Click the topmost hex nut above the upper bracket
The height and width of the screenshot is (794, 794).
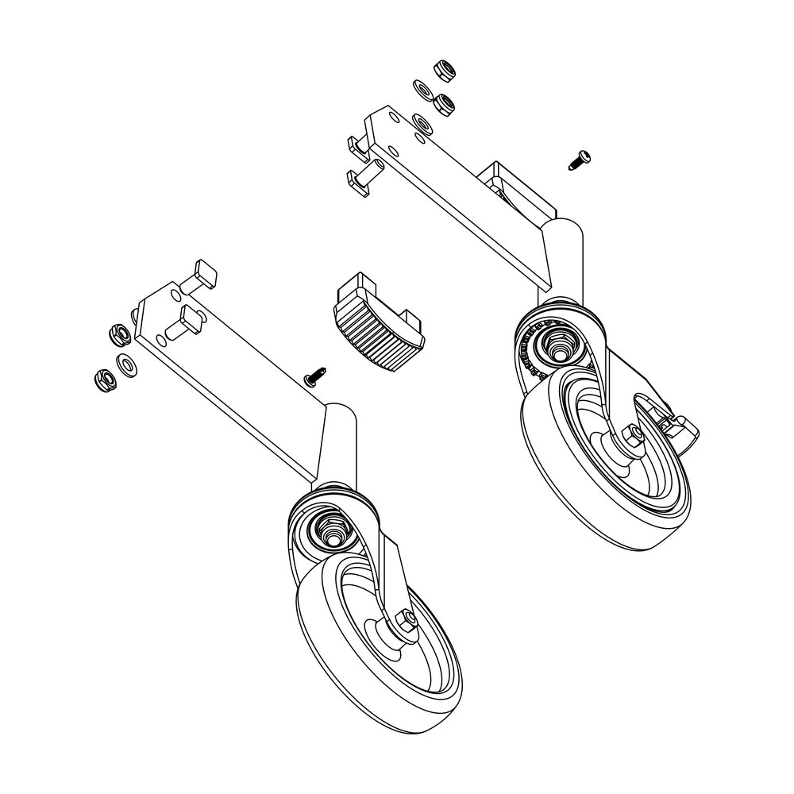(444, 70)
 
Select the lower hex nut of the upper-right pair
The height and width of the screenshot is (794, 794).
(445, 102)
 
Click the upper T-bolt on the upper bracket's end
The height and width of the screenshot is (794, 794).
(357, 145)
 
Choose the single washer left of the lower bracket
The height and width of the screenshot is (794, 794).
(126, 365)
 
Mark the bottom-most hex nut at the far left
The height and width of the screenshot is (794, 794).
(103, 379)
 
